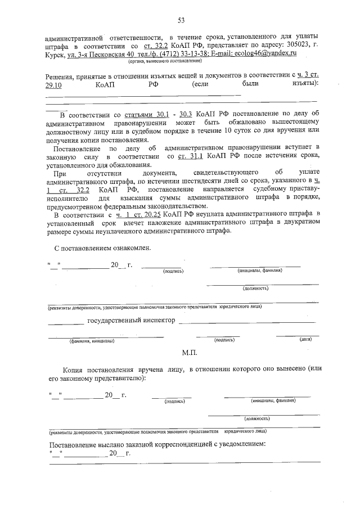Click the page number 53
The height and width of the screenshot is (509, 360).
[181, 21]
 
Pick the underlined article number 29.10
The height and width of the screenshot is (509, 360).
[55, 83]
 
